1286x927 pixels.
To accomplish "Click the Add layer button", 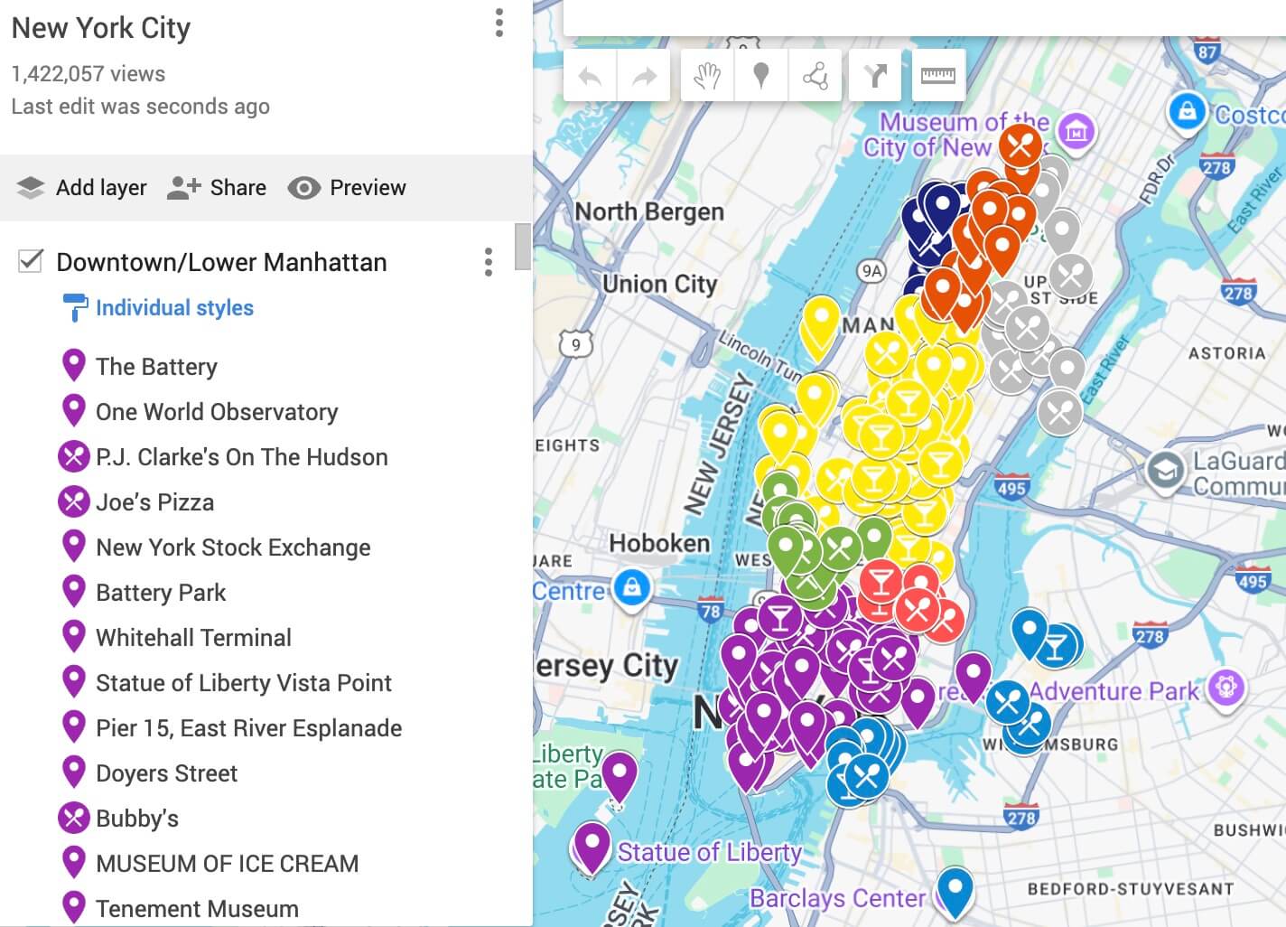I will click(82, 188).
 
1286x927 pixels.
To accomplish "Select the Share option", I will click(218, 188).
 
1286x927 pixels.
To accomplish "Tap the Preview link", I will click(348, 188).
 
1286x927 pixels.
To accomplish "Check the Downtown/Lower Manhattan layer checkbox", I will click(31, 262).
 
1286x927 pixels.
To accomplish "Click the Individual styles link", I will click(174, 308).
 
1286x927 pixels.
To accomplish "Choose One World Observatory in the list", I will click(217, 412).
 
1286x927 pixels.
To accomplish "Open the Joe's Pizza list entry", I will click(155, 502).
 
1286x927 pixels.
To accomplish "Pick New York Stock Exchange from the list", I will click(233, 548).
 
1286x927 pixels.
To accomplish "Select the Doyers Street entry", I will click(167, 773).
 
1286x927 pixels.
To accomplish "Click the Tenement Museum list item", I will click(197, 908).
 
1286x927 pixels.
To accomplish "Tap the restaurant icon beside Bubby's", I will click(73, 818).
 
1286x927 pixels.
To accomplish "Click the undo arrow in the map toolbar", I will click(590, 76).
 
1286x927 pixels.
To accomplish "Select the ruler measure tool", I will click(937, 76).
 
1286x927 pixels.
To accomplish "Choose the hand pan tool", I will click(706, 76).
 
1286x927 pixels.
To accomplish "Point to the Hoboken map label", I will click(659, 543).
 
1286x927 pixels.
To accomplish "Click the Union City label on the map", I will click(659, 284).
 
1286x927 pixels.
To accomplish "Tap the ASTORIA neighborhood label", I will click(1226, 353).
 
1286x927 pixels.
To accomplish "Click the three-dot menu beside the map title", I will click(499, 23).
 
